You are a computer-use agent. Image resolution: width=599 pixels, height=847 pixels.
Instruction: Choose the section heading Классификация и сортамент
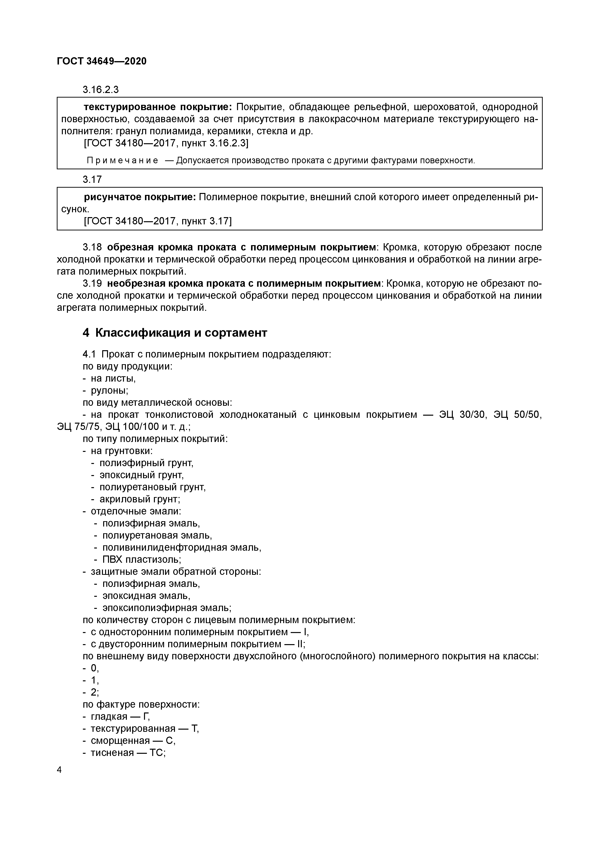(181, 333)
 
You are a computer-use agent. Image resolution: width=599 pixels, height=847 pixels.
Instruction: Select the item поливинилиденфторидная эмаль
(181, 548)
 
